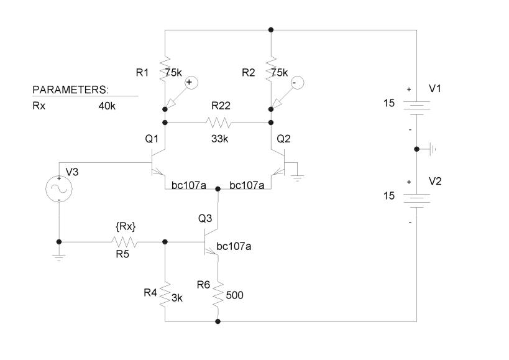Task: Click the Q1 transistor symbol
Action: point(158,163)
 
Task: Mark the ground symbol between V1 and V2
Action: point(434,149)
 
